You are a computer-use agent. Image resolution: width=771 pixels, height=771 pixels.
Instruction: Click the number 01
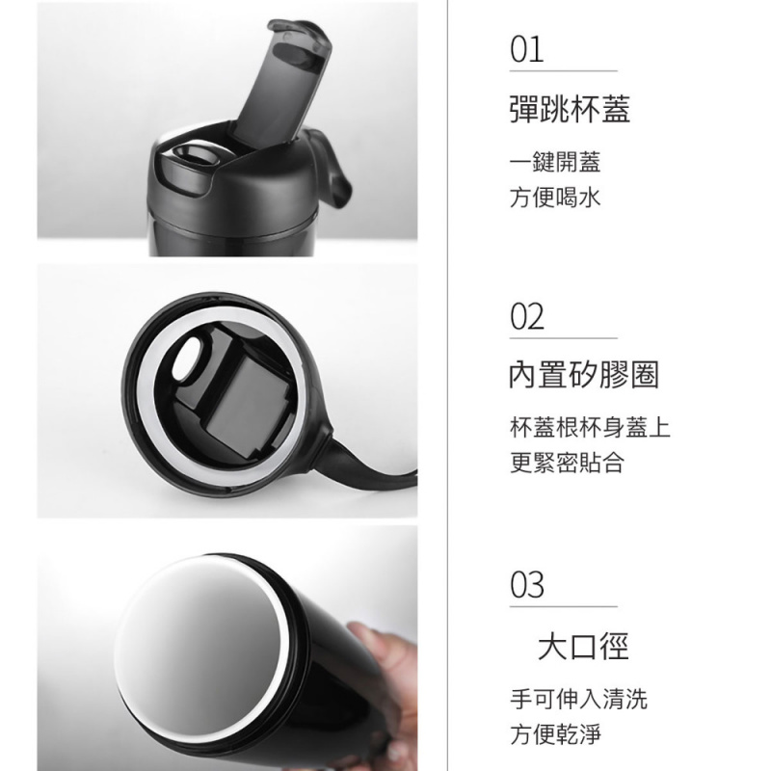click(x=527, y=49)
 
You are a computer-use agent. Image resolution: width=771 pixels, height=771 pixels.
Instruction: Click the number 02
click(x=527, y=316)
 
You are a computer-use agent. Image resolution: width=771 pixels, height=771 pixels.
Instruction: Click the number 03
click(x=528, y=585)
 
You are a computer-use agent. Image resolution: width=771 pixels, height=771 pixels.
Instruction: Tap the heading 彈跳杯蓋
click(x=569, y=109)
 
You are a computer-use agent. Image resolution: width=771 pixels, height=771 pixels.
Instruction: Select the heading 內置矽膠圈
click(x=583, y=375)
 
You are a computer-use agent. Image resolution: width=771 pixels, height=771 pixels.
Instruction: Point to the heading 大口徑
click(x=583, y=645)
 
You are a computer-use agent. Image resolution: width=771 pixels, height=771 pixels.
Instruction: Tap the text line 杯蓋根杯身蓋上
click(x=589, y=427)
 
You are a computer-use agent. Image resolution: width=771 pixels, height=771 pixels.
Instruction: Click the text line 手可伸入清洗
click(x=577, y=698)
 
